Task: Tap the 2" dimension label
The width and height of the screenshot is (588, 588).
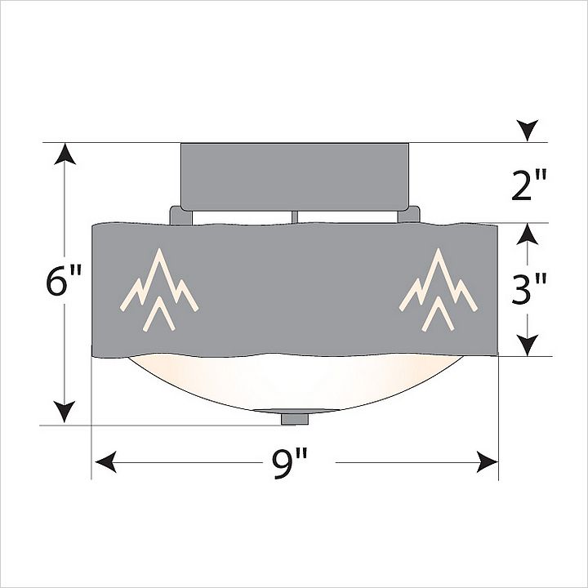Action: click(530, 185)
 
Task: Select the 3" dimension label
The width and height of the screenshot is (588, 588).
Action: click(529, 289)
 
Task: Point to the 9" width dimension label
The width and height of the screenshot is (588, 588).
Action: click(289, 464)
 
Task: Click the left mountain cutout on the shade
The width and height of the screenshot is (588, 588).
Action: click(158, 289)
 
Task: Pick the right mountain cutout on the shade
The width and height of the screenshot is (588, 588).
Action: click(438, 289)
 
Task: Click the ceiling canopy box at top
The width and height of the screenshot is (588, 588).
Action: click(295, 176)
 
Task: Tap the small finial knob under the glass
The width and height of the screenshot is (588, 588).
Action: click(295, 419)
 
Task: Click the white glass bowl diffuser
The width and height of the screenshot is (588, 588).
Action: click(295, 382)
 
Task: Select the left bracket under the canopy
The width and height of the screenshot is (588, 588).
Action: click(181, 216)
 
